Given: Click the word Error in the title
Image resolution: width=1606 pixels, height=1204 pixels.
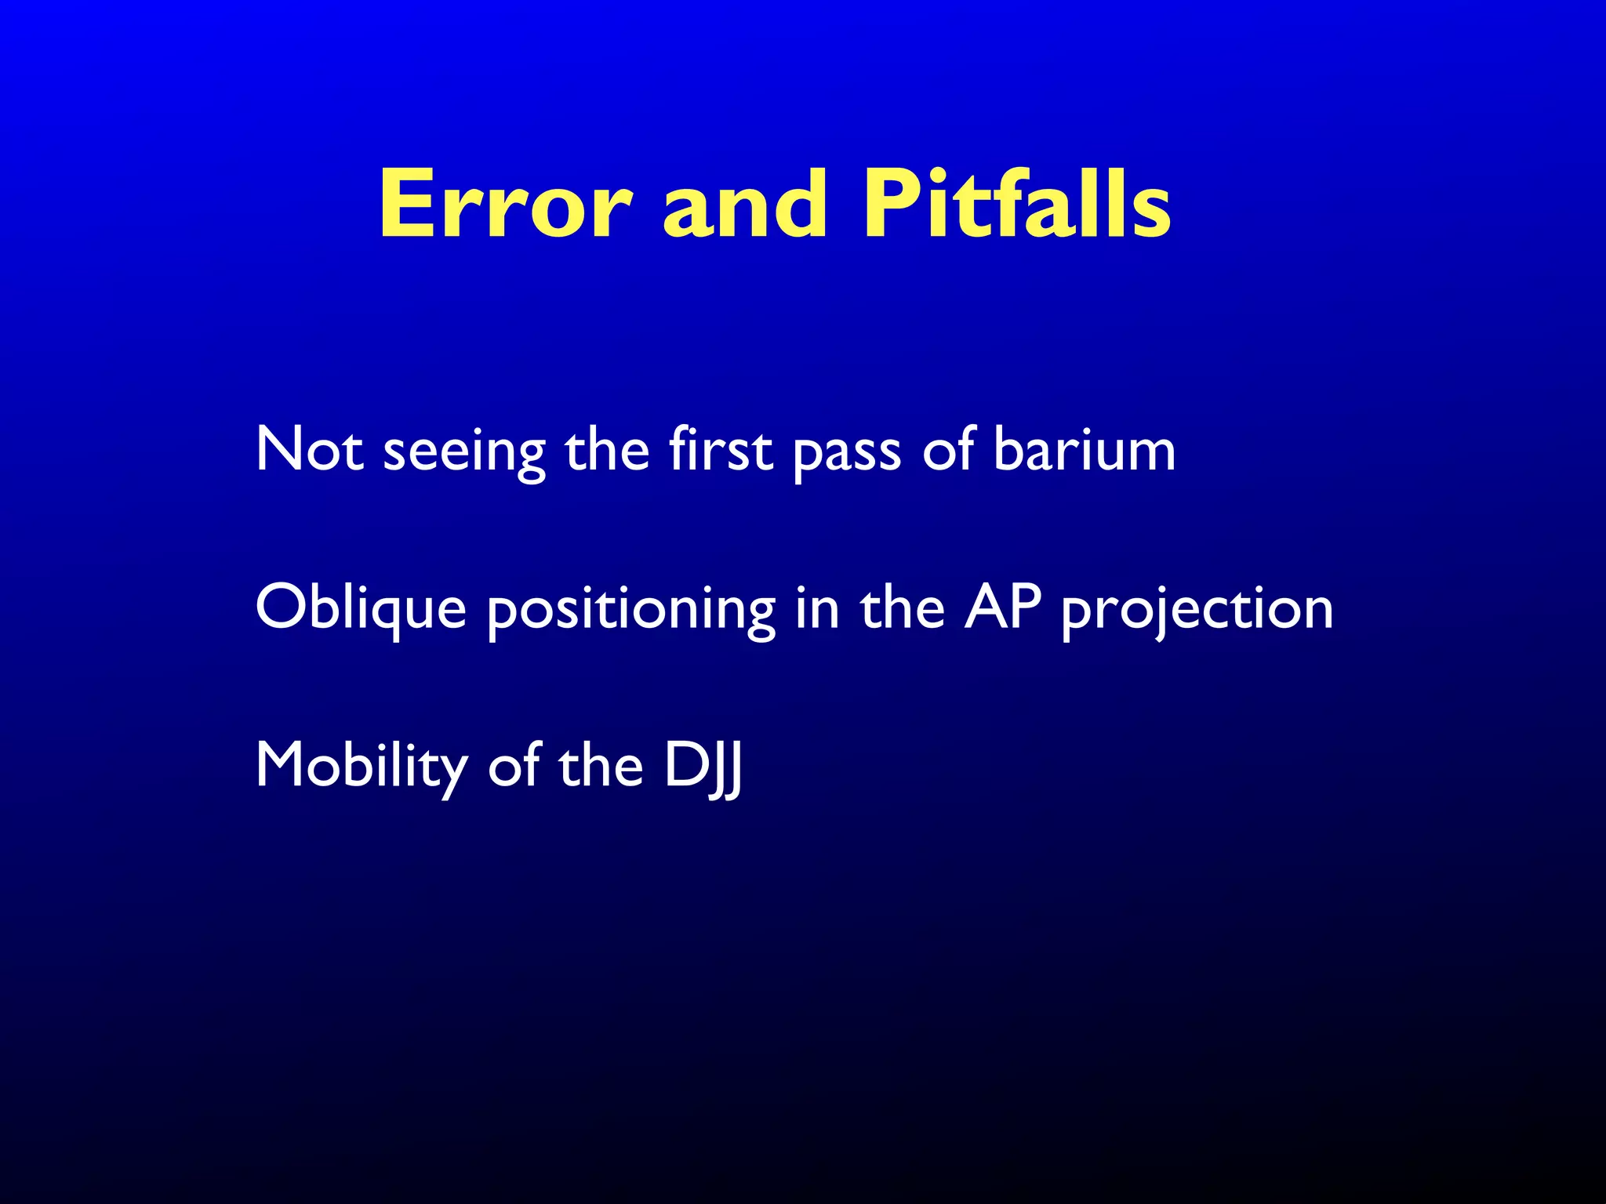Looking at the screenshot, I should coord(505,205).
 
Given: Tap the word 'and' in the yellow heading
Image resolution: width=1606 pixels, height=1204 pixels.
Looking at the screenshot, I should coord(745,205).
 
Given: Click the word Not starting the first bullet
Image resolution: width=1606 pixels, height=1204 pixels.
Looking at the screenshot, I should coord(309,450).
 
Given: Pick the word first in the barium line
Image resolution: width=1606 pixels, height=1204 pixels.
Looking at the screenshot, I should coord(721,450).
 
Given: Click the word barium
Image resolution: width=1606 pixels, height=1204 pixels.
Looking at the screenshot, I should coord(1084,450).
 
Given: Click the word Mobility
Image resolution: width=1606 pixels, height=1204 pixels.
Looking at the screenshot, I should coord(361,767).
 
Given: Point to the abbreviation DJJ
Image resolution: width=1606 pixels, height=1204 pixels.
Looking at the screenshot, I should coord(703,767).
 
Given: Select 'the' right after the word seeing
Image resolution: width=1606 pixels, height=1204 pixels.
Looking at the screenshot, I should coord(607,450).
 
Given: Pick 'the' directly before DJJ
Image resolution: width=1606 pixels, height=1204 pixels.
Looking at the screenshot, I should coord(600,767).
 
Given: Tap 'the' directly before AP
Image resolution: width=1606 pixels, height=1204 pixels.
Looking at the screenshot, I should coord(903,608).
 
